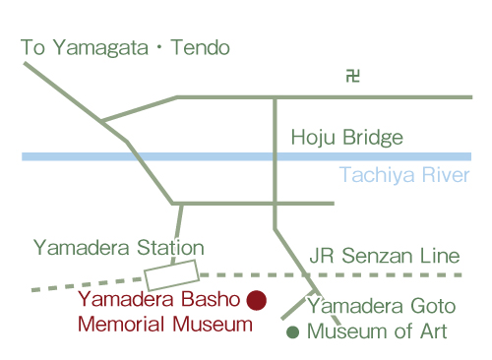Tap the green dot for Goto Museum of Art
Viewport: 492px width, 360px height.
pos(292,332)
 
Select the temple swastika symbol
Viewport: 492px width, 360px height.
pos(351,75)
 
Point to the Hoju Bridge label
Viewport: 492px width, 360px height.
pos(347,138)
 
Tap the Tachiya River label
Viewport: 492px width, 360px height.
pos(403,176)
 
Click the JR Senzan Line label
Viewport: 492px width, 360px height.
pos(385,256)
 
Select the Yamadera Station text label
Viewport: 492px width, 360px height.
pos(118,248)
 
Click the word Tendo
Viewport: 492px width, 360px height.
pos(202,47)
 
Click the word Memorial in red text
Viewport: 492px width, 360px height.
pos(117,324)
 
